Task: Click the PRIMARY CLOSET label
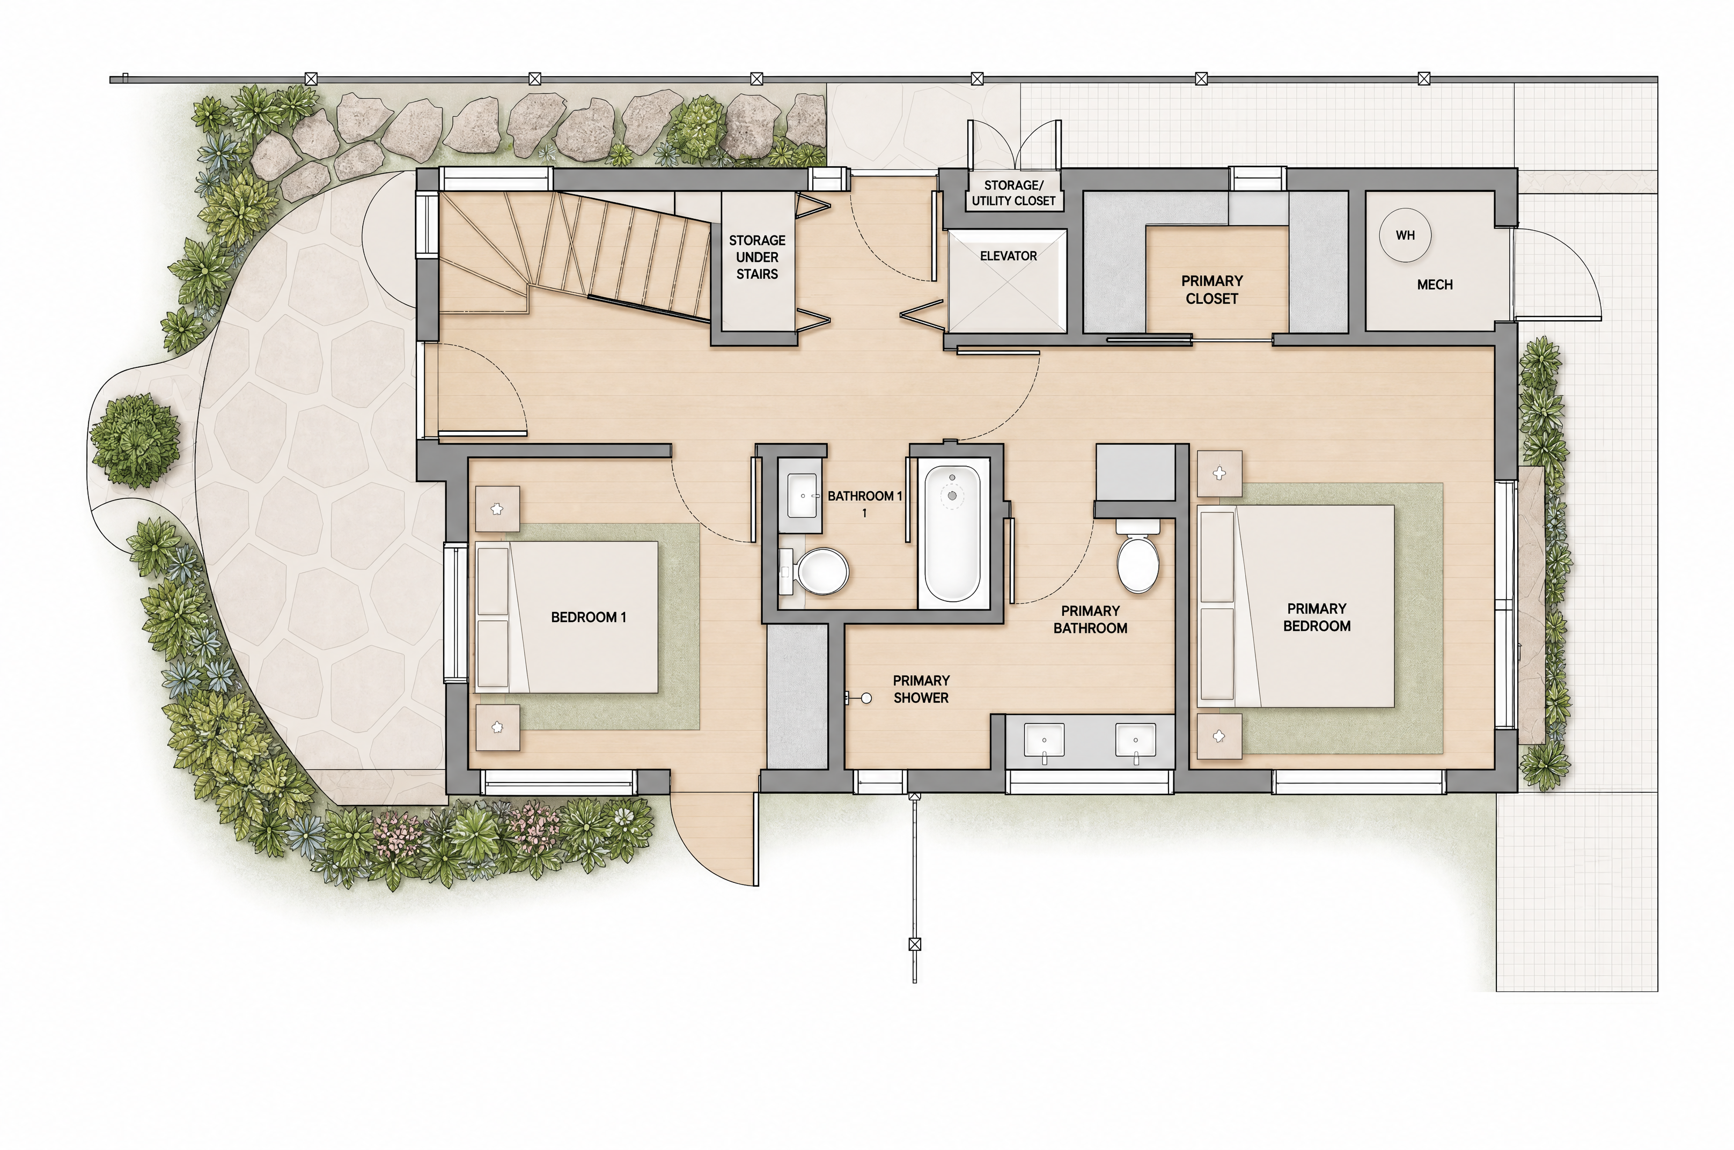[x=1212, y=290]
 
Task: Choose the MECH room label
[x=1435, y=285]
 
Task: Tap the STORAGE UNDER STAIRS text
[x=757, y=257]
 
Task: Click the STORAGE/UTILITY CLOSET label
[x=1013, y=193]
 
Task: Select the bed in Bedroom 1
[x=566, y=617]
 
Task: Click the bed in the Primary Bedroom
[x=1295, y=606]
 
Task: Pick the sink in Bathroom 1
[x=802, y=495]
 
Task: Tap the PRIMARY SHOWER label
[x=921, y=689]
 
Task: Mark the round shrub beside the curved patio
[x=134, y=441]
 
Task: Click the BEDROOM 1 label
[x=588, y=617]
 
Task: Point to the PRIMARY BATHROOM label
[x=1090, y=620]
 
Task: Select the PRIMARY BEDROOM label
[x=1317, y=617]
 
